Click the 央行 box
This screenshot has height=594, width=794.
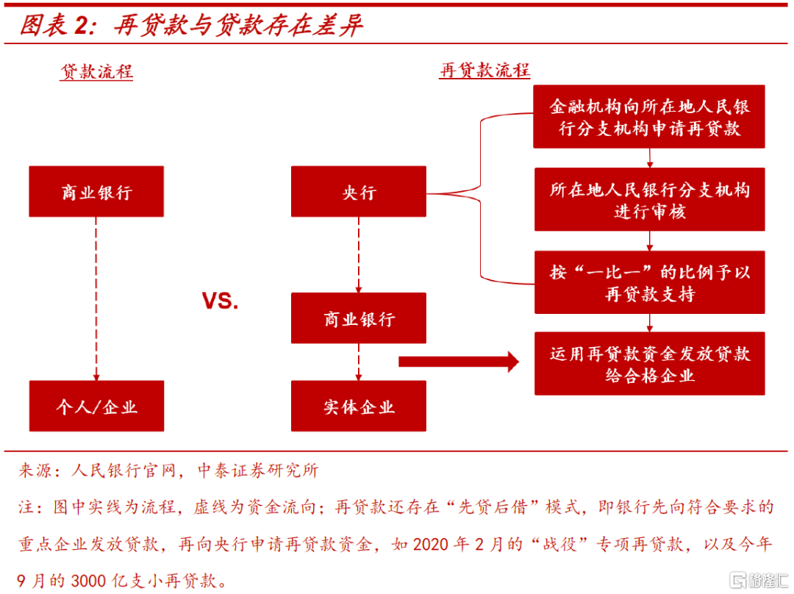pos(359,192)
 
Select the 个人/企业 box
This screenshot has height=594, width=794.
pos(96,406)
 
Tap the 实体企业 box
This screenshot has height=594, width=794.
pos(359,406)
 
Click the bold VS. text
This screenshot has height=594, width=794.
pos(221,301)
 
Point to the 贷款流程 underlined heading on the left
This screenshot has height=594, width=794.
pos(96,72)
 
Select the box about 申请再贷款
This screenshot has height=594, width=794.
pos(649,117)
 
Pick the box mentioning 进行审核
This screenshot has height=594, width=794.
pos(649,200)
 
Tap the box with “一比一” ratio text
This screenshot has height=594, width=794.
pos(649,282)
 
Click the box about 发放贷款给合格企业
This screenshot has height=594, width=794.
pos(649,364)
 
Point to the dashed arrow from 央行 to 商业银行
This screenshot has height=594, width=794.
pos(359,254)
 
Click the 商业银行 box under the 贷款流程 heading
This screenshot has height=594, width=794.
pos(96,192)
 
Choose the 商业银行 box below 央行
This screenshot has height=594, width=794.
pos(359,318)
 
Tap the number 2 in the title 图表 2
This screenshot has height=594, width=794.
pos(81,26)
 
